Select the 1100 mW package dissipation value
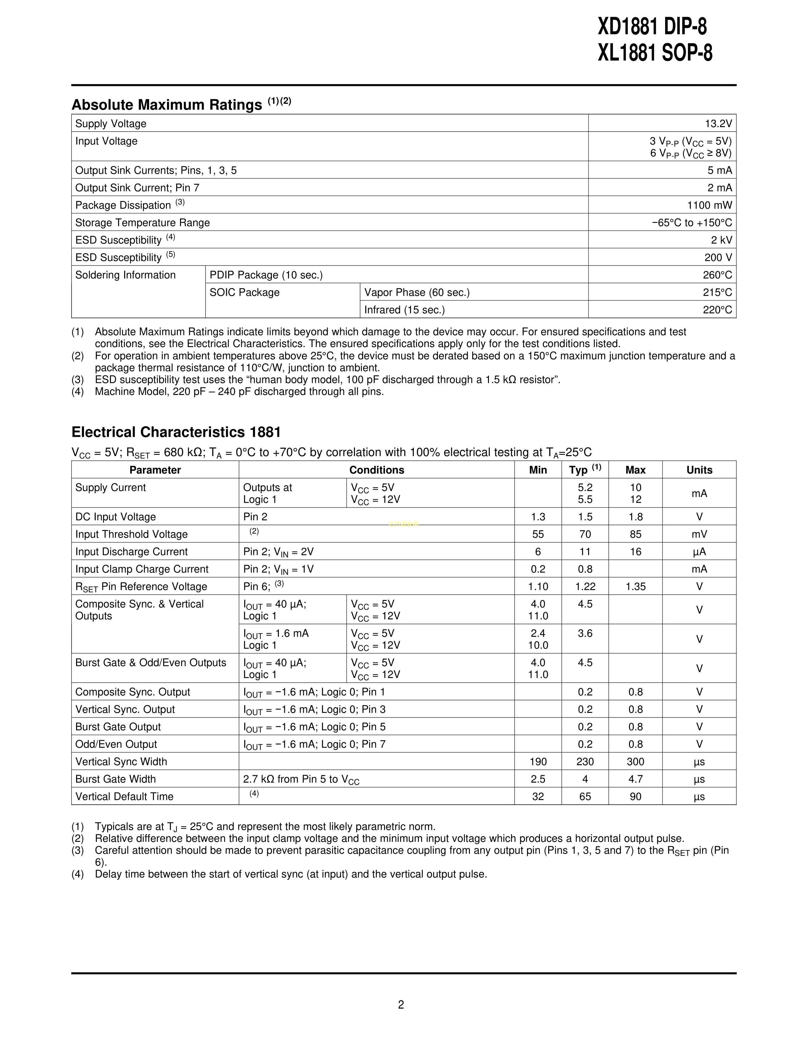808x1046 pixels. [x=709, y=205]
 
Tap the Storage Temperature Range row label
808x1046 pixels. [x=142, y=223]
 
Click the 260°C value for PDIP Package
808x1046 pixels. [x=717, y=275]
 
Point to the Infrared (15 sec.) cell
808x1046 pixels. [x=405, y=310]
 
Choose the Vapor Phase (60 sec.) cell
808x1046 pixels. [x=417, y=293]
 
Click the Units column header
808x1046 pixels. [x=699, y=470]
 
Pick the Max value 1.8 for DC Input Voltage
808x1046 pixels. [x=635, y=517]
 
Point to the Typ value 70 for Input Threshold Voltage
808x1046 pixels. [x=585, y=534]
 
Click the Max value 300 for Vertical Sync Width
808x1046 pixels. [x=635, y=761]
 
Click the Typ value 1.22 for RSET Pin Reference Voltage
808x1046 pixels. [x=585, y=587]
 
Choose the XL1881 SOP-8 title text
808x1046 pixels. [x=654, y=54]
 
